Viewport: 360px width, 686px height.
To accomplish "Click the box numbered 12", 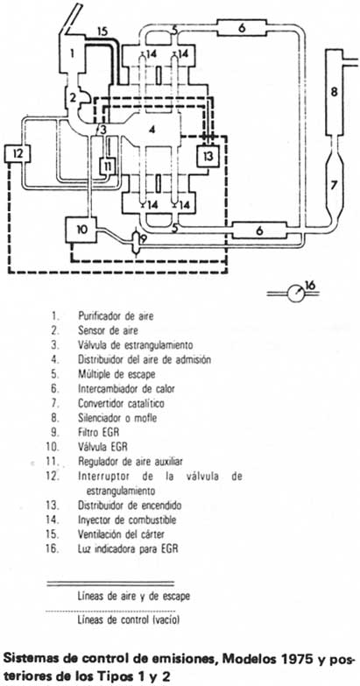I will click(x=19, y=154).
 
